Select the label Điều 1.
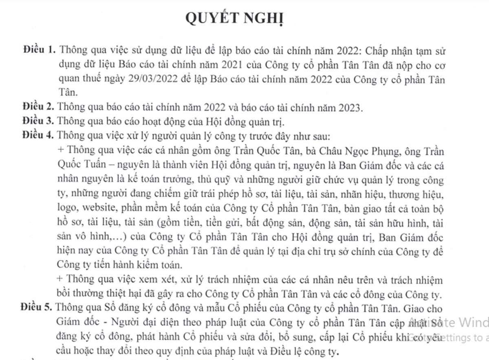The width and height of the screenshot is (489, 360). [39, 51]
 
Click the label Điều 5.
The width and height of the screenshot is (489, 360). [37, 307]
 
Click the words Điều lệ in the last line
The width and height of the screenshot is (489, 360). [290, 350]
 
